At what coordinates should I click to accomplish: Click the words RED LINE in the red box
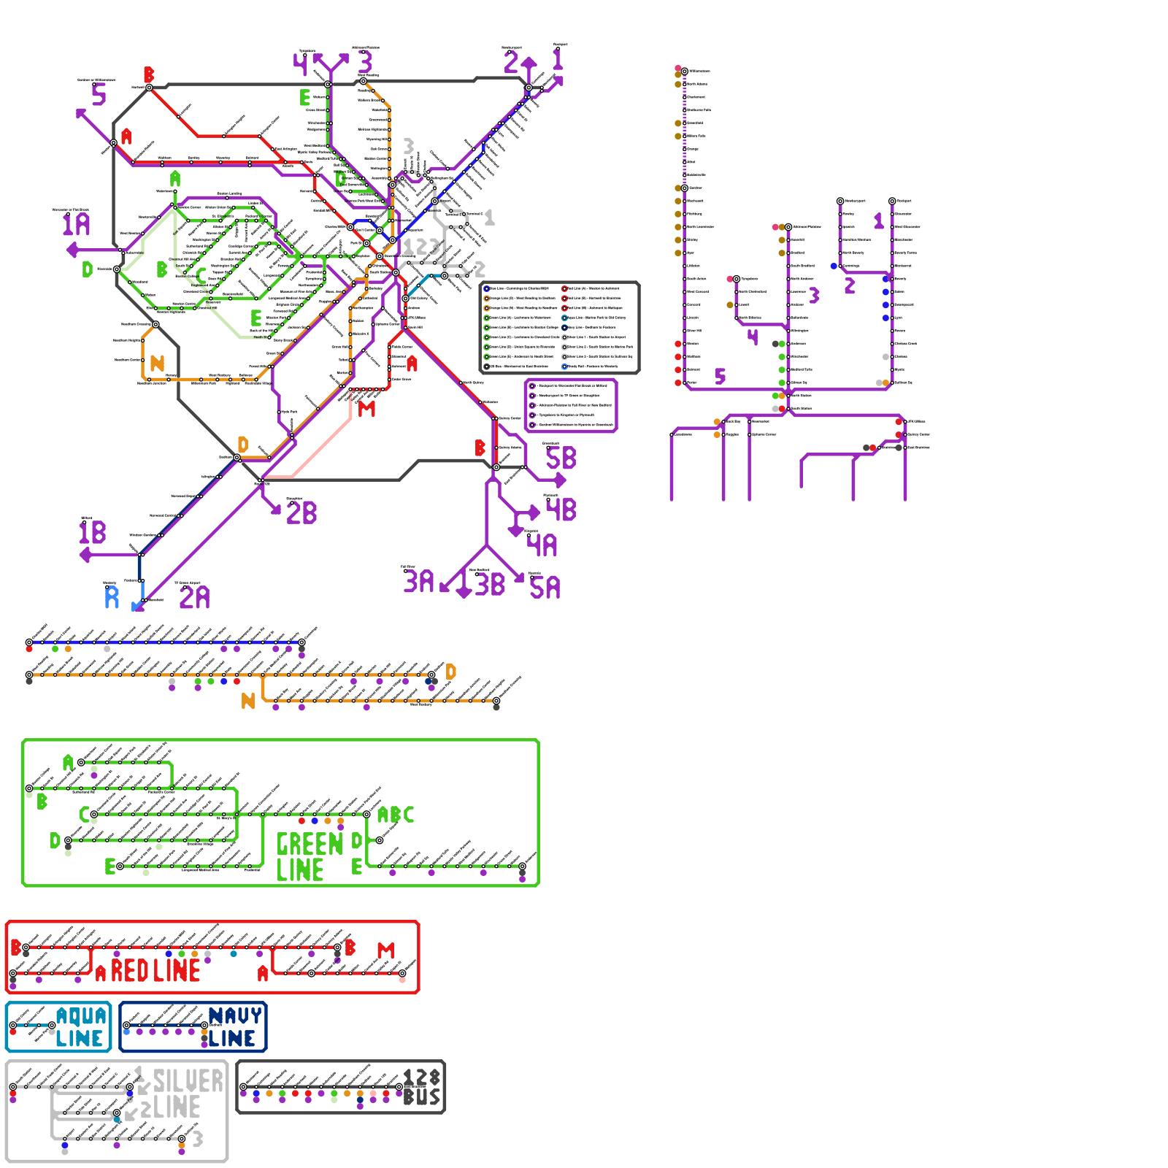155,971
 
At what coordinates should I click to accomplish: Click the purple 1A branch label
76,224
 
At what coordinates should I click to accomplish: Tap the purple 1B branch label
93,532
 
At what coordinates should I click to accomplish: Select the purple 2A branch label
195,598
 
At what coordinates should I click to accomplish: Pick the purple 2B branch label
301,513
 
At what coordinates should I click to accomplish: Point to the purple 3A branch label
419,582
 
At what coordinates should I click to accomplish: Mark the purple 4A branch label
542,545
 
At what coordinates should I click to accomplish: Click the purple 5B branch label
561,458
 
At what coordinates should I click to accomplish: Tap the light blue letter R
112,597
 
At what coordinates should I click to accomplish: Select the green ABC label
396,815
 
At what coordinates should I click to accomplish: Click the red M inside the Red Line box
385,950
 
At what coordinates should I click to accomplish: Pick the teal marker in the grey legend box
564,318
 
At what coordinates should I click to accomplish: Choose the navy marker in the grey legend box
564,328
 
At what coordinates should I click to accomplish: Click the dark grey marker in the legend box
487,366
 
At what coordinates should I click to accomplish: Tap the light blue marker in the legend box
564,366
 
